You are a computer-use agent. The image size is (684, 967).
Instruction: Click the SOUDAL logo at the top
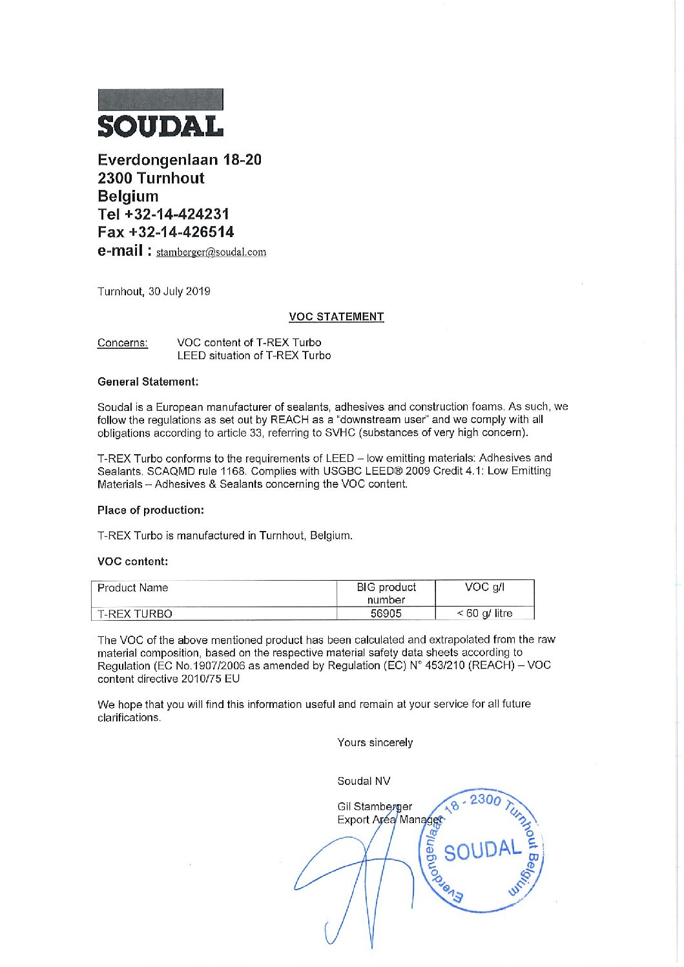[160, 114]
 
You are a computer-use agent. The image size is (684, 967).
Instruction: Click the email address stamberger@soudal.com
[211, 252]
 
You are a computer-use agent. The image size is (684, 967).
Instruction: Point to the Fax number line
[166, 232]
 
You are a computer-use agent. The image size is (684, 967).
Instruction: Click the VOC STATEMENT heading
[336, 317]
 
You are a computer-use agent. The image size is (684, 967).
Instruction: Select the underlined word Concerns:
[122, 343]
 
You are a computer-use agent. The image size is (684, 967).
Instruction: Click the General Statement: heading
[148, 382]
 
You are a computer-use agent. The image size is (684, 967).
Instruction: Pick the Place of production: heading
[150, 510]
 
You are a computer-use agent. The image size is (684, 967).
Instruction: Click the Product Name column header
[132, 588]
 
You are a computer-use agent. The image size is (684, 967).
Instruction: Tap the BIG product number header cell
[386, 593]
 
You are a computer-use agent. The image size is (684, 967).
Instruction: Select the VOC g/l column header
[484, 587]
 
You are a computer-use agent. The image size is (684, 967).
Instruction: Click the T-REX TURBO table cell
[134, 614]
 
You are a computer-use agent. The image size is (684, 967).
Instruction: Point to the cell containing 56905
[386, 614]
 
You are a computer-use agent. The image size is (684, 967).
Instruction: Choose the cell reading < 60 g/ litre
[484, 613]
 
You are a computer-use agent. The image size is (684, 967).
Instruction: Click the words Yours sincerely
[375, 743]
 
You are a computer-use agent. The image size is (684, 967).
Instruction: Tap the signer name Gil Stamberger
[375, 806]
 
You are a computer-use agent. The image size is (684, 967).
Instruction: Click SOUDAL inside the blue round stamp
[482, 850]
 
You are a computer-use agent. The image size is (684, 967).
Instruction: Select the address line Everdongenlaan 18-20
[180, 160]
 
